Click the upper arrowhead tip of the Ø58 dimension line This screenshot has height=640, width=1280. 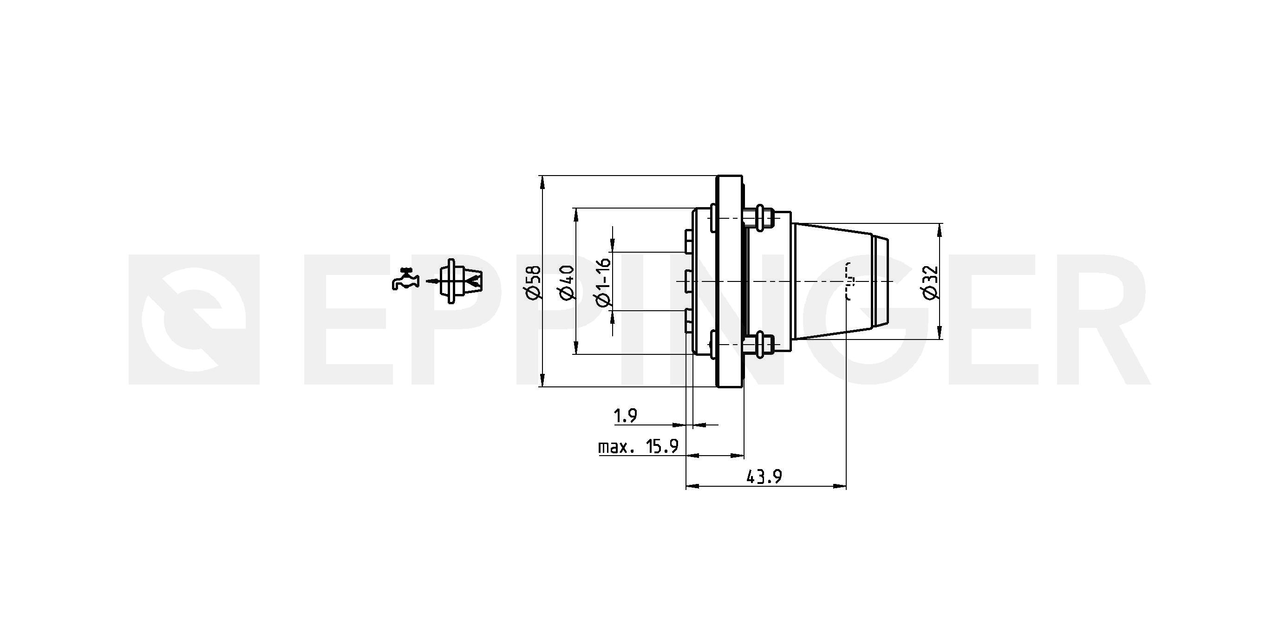tap(542, 176)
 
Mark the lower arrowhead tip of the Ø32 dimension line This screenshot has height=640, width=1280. tap(939, 339)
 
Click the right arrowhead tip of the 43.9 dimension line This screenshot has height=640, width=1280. tap(846, 485)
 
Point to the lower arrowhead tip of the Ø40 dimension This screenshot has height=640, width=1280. tap(576, 354)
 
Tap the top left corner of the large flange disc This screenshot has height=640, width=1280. tap(717, 176)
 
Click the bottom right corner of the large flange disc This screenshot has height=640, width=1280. tap(742, 386)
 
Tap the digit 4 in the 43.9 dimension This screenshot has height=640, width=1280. tap(751, 477)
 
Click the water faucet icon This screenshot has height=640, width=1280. tap(405, 279)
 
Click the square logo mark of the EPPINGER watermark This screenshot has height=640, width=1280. tap(194, 320)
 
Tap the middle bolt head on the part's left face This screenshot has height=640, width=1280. tap(688, 281)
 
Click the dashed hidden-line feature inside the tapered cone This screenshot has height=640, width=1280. tap(849, 281)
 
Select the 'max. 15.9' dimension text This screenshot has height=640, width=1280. tap(638, 447)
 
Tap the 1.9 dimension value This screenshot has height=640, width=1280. tap(626, 416)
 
